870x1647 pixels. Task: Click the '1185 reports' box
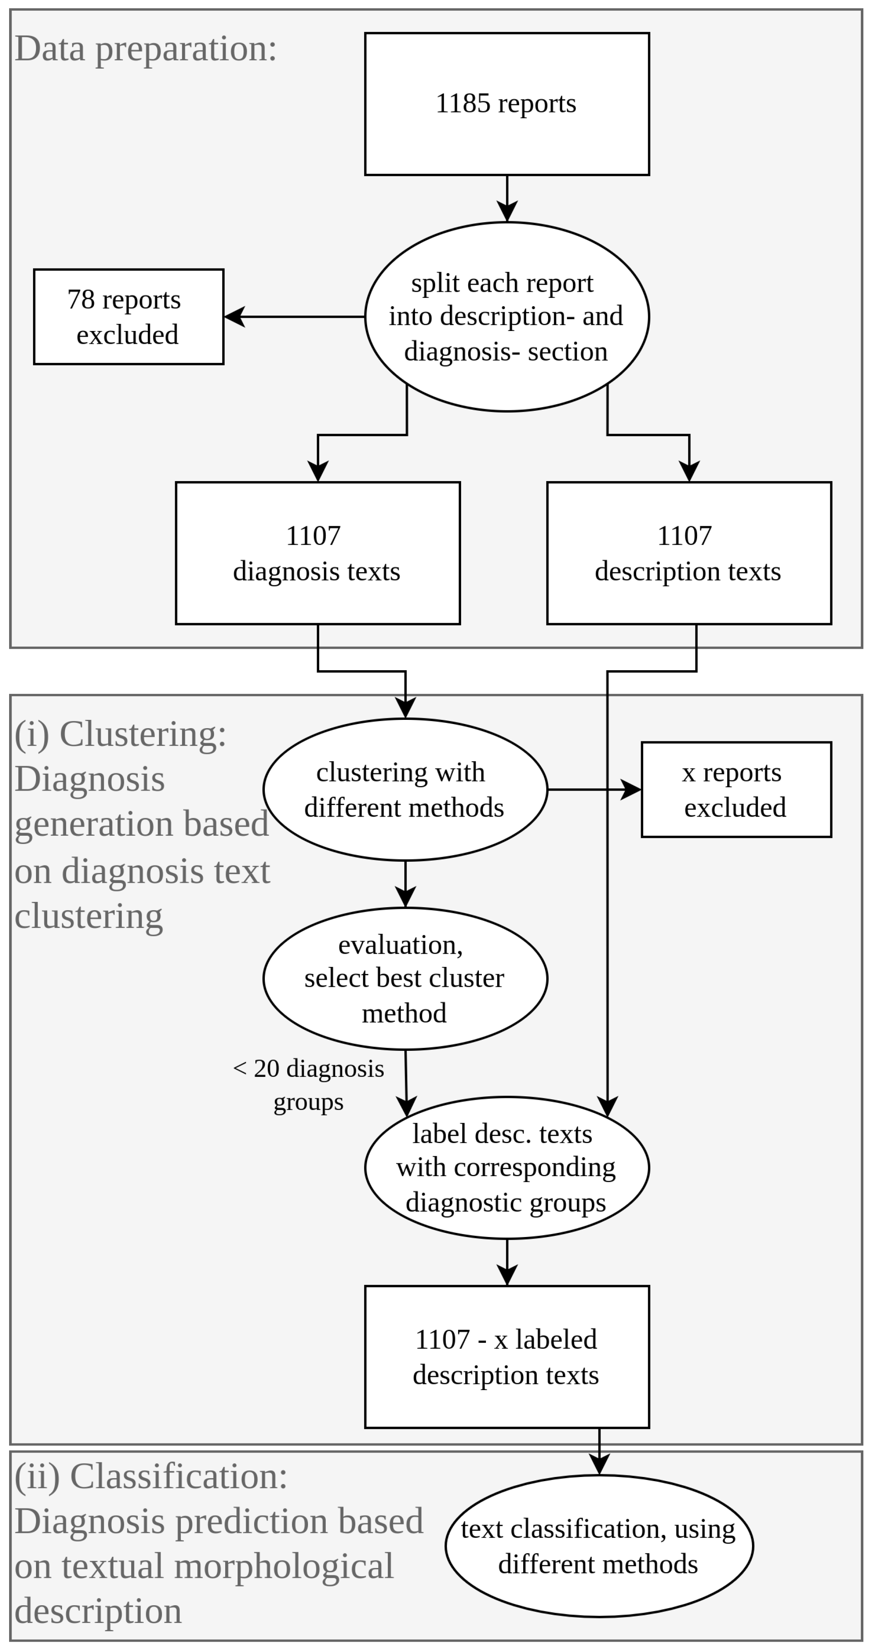(507, 103)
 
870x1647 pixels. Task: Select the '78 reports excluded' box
(129, 316)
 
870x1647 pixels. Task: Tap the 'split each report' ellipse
(507, 316)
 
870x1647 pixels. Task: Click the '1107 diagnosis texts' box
(317, 553)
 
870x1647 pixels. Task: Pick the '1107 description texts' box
(689, 553)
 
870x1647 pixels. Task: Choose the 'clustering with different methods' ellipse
(405, 790)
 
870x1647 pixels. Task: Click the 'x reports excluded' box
(735, 790)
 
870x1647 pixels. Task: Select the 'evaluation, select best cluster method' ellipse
(405, 978)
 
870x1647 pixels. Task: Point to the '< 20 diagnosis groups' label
(308, 1085)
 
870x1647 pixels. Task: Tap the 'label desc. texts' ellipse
(507, 1168)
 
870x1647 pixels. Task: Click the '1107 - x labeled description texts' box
(507, 1357)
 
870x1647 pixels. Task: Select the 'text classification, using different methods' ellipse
(599, 1546)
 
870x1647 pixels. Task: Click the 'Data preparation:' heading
(146, 48)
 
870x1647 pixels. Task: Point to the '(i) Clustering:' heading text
(121, 734)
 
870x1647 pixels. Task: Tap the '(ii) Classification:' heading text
(151, 1476)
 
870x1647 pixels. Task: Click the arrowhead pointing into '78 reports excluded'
(234, 316)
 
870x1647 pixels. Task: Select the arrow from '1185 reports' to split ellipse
(507, 198)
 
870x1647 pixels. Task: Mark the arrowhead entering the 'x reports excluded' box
(631, 790)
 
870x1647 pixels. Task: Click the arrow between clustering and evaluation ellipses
(405, 884)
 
